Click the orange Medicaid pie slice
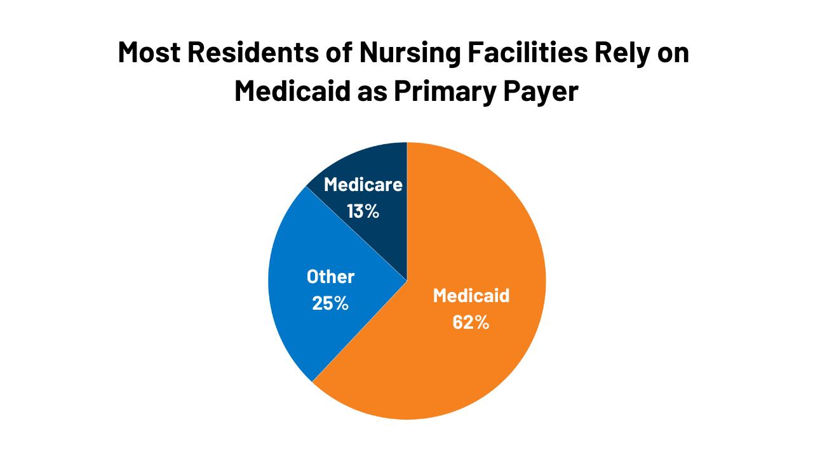[x=470, y=355]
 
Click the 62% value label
[x=471, y=322]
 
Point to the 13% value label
[x=363, y=211]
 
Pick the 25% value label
[x=330, y=303]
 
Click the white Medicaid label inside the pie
[x=471, y=296]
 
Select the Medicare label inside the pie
[x=363, y=185]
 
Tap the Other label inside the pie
[x=330, y=277]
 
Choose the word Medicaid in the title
[x=292, y=91]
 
